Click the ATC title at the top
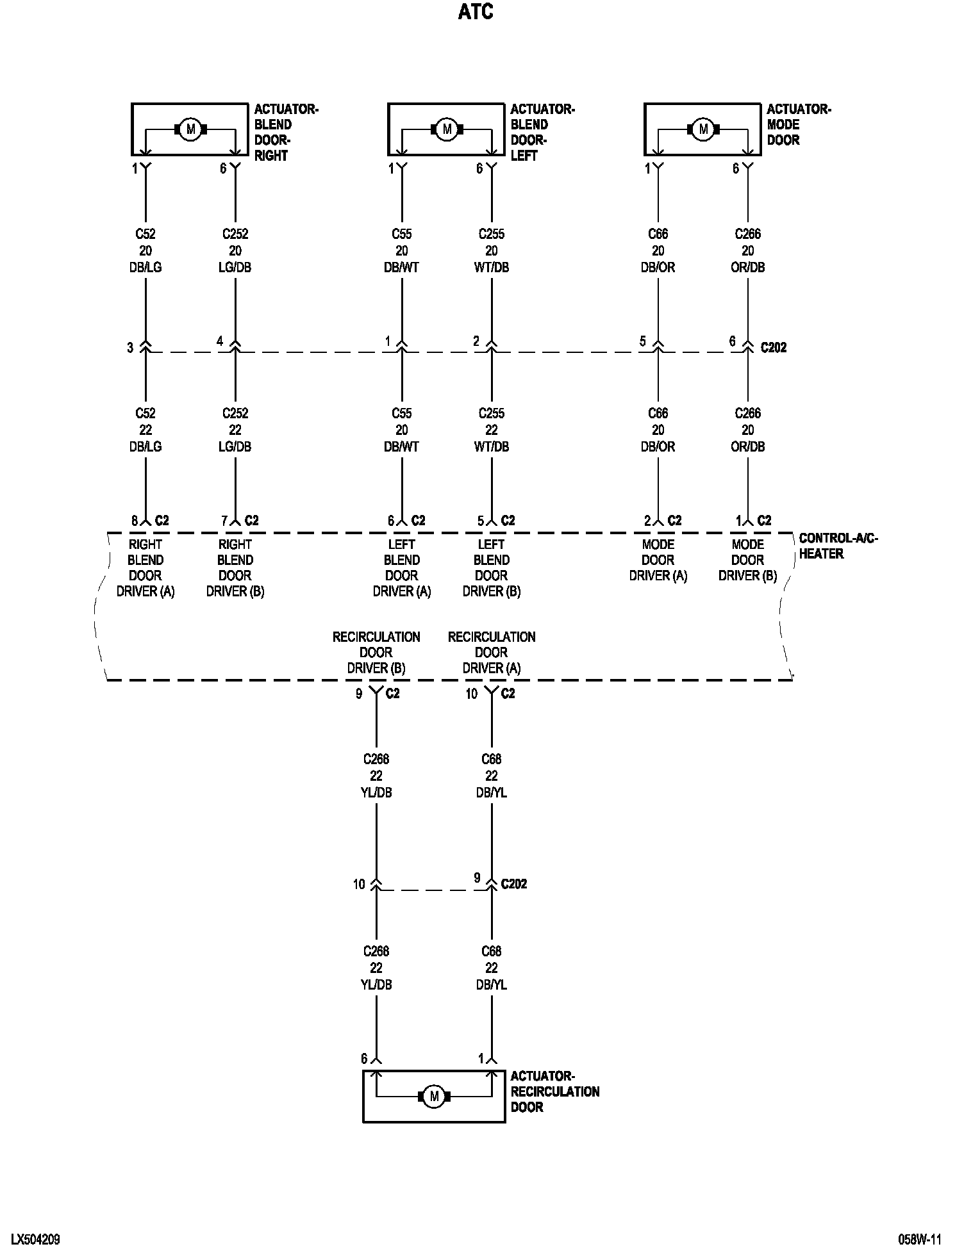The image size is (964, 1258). click(476, 12)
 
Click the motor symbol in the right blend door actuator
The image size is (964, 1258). click(190, 129)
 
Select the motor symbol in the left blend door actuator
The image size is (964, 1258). click(447, 129)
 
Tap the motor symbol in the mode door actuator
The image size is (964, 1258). click(703, 129)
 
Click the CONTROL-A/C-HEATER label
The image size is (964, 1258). click(838, 546)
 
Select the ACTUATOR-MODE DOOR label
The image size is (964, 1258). click(798, 124)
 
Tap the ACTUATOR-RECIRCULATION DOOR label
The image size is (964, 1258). click(554, 1091)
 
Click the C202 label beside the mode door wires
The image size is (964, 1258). click(773, 348)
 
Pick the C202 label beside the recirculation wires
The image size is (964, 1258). click(513, 884)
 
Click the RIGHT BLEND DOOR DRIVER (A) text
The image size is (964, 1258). click(145, 568)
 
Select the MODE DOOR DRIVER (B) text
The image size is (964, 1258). click(747, 560)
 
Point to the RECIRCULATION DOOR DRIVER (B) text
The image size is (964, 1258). click(376, 652)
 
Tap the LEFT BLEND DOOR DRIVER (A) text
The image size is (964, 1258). click(402, 568)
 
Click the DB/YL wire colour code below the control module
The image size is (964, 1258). click(492, 792)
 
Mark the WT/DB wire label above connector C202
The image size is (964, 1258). click(492, 267)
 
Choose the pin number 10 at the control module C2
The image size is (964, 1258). click(472, 694)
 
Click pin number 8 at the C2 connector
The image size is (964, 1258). click(135, 521)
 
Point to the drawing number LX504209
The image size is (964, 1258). click(35, 1239)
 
